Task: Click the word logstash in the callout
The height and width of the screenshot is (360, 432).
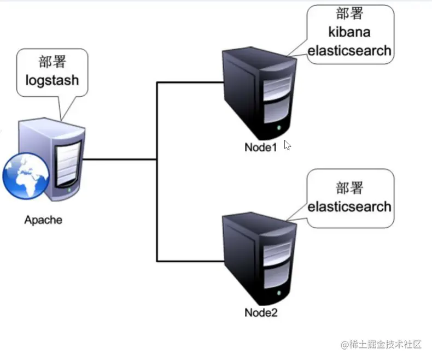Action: coord(52,80)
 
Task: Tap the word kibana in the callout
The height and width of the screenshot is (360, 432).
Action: coord(350,31)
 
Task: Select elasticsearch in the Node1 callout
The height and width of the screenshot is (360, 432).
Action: coord(350,51)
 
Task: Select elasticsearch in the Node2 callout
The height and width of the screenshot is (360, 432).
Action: coord(350,207)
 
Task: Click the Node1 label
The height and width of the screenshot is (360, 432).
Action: coord(261,147)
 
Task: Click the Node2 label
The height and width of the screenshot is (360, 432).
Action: coord(261,313)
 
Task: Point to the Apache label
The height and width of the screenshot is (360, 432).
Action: coord(43,221)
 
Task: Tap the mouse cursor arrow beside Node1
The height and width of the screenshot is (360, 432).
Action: coord(287,145)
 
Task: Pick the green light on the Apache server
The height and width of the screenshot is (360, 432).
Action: coord(70,191)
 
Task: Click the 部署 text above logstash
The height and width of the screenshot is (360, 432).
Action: coord(52,62)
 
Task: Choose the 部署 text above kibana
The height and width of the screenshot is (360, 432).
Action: coord(350,13)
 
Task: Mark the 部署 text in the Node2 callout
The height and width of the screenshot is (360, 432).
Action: coord(350,188)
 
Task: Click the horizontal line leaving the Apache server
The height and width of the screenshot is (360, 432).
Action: coord(120,160)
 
